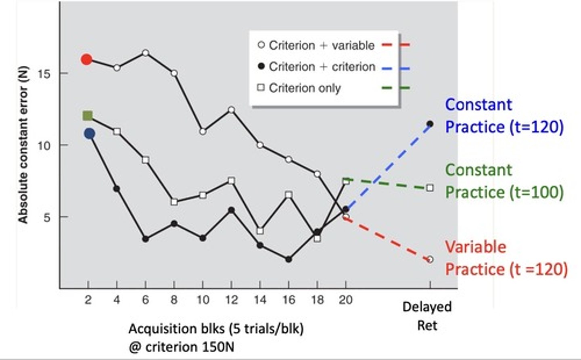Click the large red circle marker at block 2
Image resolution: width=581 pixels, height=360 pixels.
click(87, 59)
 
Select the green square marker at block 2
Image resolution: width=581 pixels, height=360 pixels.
click(88, 116)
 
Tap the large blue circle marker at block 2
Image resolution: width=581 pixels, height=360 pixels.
click(90, 134)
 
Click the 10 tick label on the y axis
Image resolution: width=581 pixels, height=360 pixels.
click(44, 146)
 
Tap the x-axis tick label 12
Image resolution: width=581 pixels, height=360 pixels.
click(231, 300)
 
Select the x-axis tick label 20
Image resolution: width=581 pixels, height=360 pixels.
click(345, 300)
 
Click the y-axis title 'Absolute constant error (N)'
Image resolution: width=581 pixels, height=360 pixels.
click(23, 144)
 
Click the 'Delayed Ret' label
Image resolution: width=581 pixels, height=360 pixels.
click(427, 316)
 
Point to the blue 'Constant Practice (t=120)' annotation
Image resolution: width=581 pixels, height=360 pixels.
click(504, 116)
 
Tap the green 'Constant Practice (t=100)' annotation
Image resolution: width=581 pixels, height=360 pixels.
click(504, 181)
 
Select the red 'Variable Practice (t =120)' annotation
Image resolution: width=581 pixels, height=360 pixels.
click(506, 258)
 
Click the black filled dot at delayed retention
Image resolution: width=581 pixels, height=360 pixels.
click(430, 124)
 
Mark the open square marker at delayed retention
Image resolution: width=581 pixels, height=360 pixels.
click(430, 188)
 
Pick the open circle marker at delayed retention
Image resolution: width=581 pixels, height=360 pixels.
click(430, 260)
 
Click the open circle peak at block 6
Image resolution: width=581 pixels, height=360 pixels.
click(145, 53)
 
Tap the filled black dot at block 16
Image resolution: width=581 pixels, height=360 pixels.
click(288, 260)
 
